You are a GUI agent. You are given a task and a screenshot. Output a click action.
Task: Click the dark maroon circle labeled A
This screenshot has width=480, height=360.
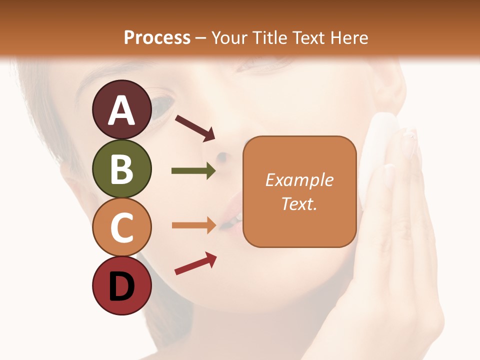[122, 109]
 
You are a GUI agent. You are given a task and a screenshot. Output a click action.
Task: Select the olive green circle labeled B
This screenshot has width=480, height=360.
[122, 168]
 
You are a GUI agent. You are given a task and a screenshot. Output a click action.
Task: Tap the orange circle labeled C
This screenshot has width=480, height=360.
[122, 227]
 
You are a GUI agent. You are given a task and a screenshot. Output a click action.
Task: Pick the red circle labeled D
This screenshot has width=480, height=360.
[122, 285]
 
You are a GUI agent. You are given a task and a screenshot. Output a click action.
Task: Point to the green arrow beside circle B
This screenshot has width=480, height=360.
[193, 171]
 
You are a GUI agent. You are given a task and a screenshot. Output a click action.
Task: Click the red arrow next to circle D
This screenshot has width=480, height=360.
[195, 263]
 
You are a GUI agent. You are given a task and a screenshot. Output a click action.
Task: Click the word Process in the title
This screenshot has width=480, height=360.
[157, 37]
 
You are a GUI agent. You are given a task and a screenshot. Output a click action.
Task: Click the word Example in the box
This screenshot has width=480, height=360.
[299, 180]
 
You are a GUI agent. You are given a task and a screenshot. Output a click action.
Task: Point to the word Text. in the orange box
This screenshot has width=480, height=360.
[299, 203]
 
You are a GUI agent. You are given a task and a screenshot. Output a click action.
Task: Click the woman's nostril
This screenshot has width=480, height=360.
[221, 158]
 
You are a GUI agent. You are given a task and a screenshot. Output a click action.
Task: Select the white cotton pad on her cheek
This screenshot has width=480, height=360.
[379, 150]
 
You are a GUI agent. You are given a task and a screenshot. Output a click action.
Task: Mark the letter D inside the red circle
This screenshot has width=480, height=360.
[122, 286]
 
